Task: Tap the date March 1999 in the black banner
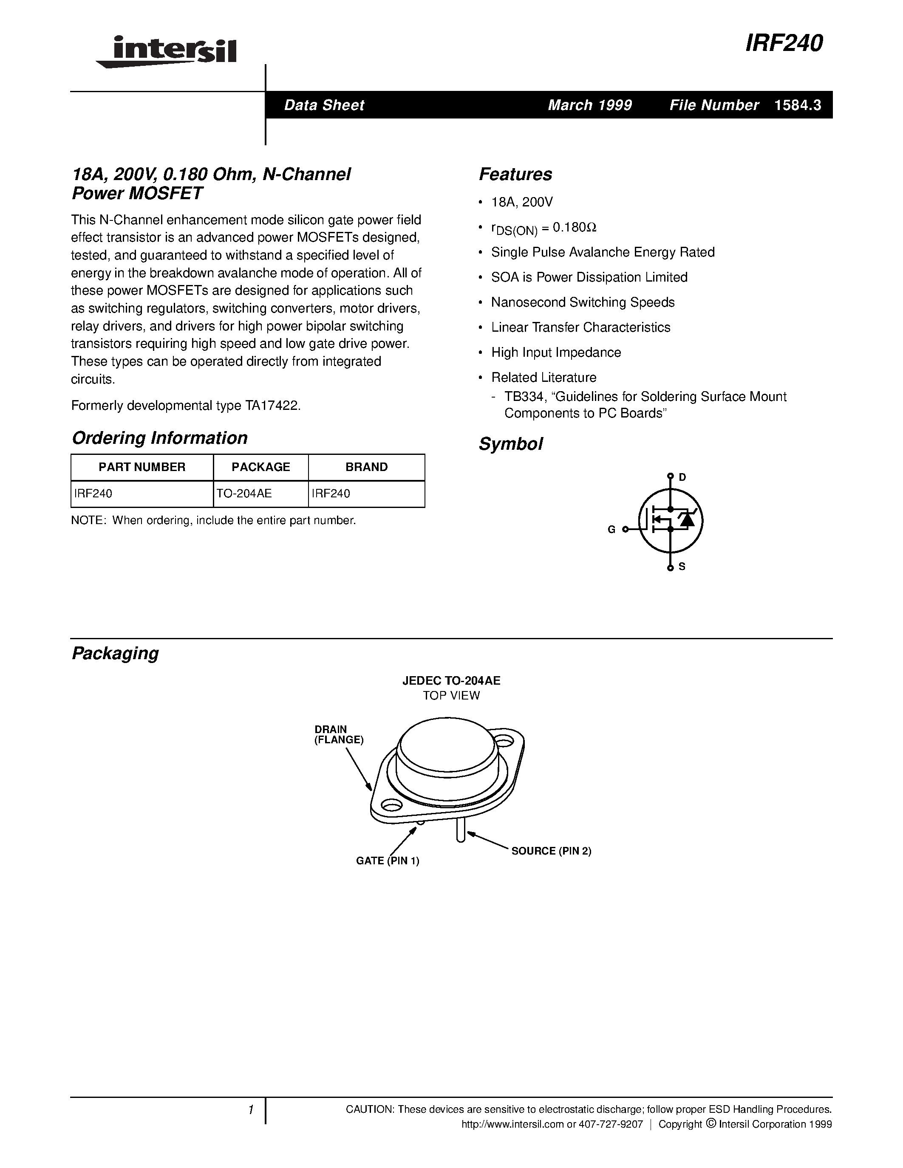click(x=589, y=105)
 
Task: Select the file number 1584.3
click(x=798, y=105)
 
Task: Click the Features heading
click(x=515, y=174)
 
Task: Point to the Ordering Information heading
click(x=159, y=438)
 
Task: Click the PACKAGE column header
click(x=260, y=467)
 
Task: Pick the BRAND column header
click(x=366, y=467)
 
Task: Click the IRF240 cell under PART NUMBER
click(x=93, y=494)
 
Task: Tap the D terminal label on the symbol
click(x=682, y=477)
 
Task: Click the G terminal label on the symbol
click(x=611, y=530)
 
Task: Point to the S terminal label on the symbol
click(x=682, y=566)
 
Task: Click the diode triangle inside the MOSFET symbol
click(x=686, y=519)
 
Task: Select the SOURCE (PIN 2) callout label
click(x=551, y=851)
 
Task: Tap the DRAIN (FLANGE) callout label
click(x=339, y=735)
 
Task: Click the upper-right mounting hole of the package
click(x=504, y=741)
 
